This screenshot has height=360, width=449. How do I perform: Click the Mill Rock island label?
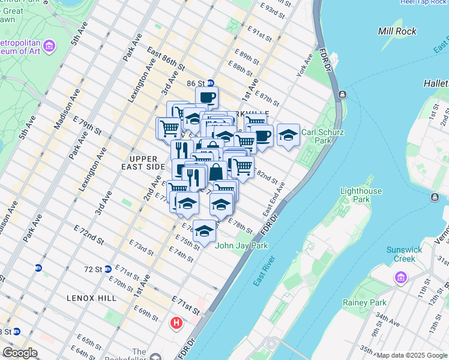coord(398,31)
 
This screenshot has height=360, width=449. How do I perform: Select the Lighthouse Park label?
coord(361,195)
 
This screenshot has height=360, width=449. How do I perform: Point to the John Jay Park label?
coord(241,245)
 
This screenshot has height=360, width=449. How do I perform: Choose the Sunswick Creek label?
coord(405,254)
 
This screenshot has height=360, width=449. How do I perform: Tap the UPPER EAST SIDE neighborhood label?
coord(143,162)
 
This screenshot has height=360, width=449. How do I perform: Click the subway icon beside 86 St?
coord(211,83)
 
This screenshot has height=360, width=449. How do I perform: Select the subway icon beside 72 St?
coord(107,269)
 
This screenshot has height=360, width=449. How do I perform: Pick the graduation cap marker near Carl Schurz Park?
coord(288,134)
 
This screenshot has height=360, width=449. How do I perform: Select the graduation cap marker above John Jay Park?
coord(204,230)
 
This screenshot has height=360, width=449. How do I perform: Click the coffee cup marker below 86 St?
coord(207,97)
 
